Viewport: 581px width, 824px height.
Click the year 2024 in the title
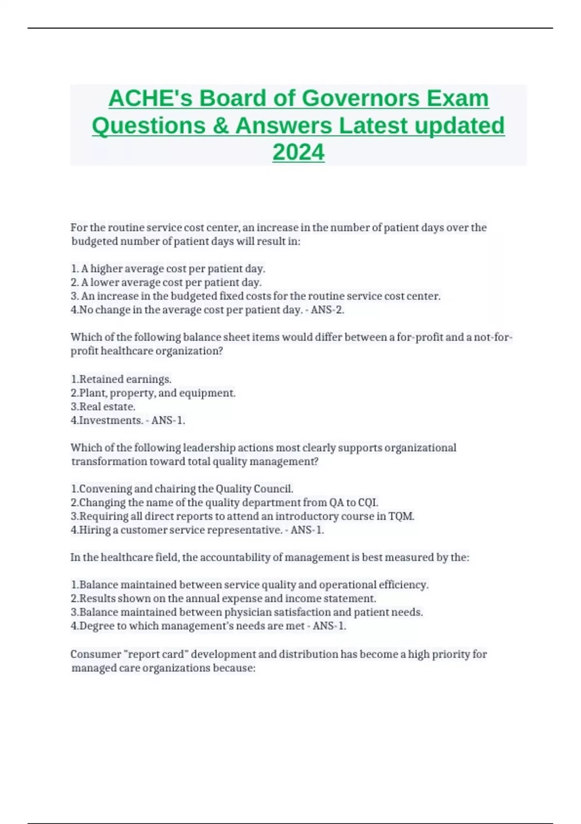pos(298,152)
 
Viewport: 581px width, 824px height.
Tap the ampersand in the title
pos(220,126)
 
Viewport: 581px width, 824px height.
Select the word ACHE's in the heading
pos(151,98)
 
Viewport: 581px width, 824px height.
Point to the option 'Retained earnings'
pos(125,379)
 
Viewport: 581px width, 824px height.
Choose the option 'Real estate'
pos(107,407)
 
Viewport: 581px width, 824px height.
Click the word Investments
pos(111,420)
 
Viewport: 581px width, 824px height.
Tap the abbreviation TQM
pos(401,516)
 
